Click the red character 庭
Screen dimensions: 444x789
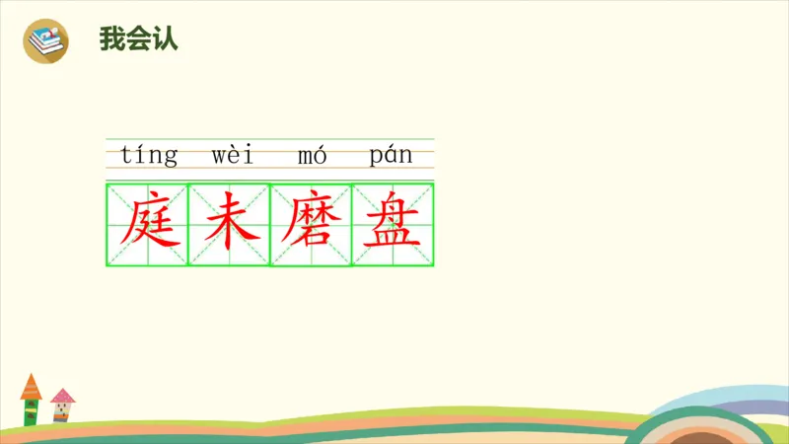[x=147, y=224]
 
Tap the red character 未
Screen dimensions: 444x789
[x=229, y=224]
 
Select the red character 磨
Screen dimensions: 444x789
[x=311, y=224]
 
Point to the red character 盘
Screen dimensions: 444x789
[x=393, y=224]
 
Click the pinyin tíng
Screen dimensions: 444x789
[x=149, y=155]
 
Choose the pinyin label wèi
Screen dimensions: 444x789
[x=233, y=155]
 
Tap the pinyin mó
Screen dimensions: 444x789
[x=312, y=155]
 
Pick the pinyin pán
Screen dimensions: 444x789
[x=391, y=155]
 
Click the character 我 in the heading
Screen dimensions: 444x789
[x=111, y=40]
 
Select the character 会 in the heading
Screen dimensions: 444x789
[x=138, y=40]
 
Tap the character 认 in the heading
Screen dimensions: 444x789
[x=165, y=40]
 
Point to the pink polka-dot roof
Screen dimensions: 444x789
[x=63, y=397]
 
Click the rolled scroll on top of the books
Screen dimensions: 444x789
[x=50, y=34]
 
